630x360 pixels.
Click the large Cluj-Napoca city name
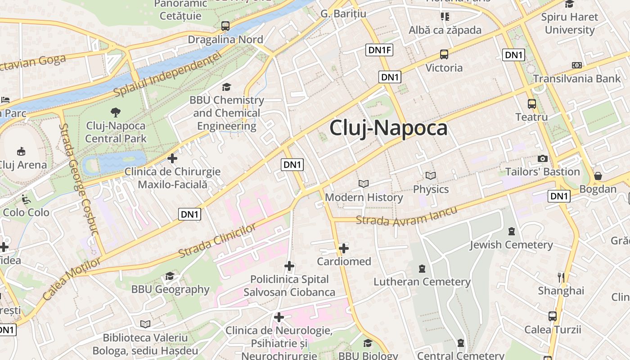click(388, 128)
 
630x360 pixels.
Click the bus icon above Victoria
click(444, 54)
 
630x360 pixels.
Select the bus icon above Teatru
click(532, 104)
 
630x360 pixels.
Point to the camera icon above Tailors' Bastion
click(543, 158)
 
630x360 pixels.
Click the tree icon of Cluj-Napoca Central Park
click(116, 112)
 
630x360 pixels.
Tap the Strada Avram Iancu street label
click(406, 216)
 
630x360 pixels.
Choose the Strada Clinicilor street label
click(217, 240)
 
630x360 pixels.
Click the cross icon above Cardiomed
click(344, 248)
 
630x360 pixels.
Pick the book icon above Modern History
click(364, 184)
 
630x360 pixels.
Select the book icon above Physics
click(431, 175)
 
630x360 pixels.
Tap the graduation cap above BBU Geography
click(170, 276)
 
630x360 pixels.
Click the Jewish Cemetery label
click(511, 245)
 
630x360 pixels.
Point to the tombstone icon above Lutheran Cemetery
click(422, 269)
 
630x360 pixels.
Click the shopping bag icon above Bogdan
click(598, 175)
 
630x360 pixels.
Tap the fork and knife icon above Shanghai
click(561, 277)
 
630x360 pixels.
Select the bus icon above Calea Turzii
click(553, 316)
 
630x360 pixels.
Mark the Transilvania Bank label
click(577, 79)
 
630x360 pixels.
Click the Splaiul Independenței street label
click(168, 75)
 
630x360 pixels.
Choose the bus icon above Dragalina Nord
click(225, 26)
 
